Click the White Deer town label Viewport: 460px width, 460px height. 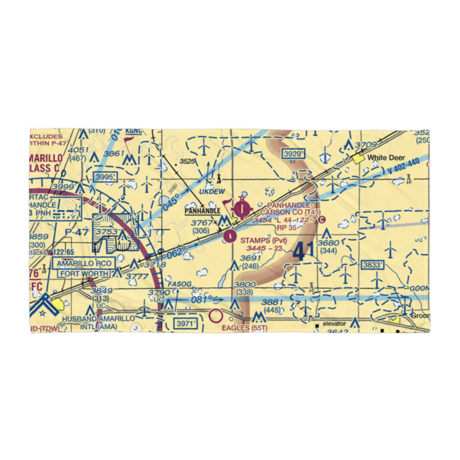point(386,158)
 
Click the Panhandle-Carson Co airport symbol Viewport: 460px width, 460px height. point(241,210)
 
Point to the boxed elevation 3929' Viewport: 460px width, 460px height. point(294,154)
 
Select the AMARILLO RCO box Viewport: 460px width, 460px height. point(83,264)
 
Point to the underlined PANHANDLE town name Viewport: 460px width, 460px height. point(202,211)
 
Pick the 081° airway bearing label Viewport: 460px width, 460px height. point(201,300)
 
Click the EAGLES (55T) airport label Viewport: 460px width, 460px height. point(244,328)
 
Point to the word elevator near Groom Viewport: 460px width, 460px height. point(334,324)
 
